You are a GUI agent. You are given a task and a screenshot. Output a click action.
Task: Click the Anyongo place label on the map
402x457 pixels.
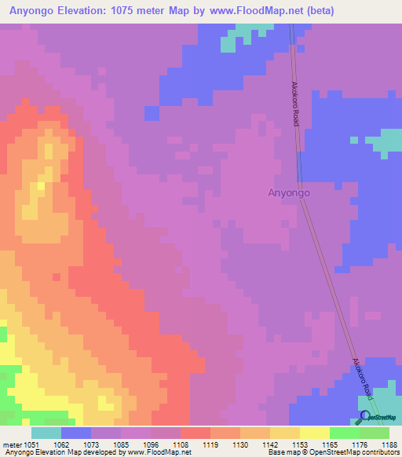tap(290, 192)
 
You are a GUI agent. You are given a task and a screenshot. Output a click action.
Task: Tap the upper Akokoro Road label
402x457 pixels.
tap(296, 102)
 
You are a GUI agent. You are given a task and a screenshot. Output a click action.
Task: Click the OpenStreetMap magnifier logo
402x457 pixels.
tap(364, 417)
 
